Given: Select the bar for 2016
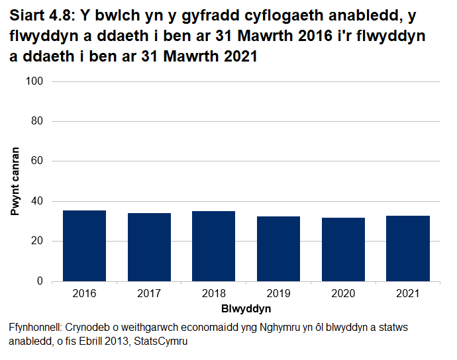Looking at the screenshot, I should [84, 246].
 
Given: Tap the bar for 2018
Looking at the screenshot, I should [213, 246].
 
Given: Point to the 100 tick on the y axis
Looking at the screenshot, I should [34, 81].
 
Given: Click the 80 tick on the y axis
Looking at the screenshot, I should [37, 122].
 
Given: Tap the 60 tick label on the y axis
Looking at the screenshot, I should [37, 161].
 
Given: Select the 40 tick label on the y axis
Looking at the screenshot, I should [37, 201].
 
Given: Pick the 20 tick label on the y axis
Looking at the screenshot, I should [37, 242].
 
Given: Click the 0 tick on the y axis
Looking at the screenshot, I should [40, 281].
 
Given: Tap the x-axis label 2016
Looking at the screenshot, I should [84, 293].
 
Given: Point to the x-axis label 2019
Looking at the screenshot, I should [278, 293].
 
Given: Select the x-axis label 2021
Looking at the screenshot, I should [408, 293].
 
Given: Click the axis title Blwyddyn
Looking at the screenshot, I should [246, 309].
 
